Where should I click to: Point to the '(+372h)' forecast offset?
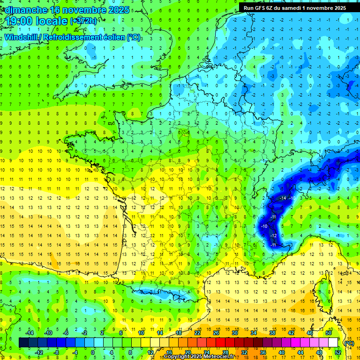pos(83,21)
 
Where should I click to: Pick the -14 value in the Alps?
pos(283,199)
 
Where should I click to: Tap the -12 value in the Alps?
pos(274,235)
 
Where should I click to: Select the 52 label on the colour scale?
pos(338,352)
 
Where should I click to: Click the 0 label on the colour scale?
pos(93,352)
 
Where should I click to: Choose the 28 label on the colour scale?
pos(225,352)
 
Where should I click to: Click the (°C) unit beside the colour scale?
pos(348,343)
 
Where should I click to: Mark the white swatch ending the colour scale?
pos(333,343)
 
